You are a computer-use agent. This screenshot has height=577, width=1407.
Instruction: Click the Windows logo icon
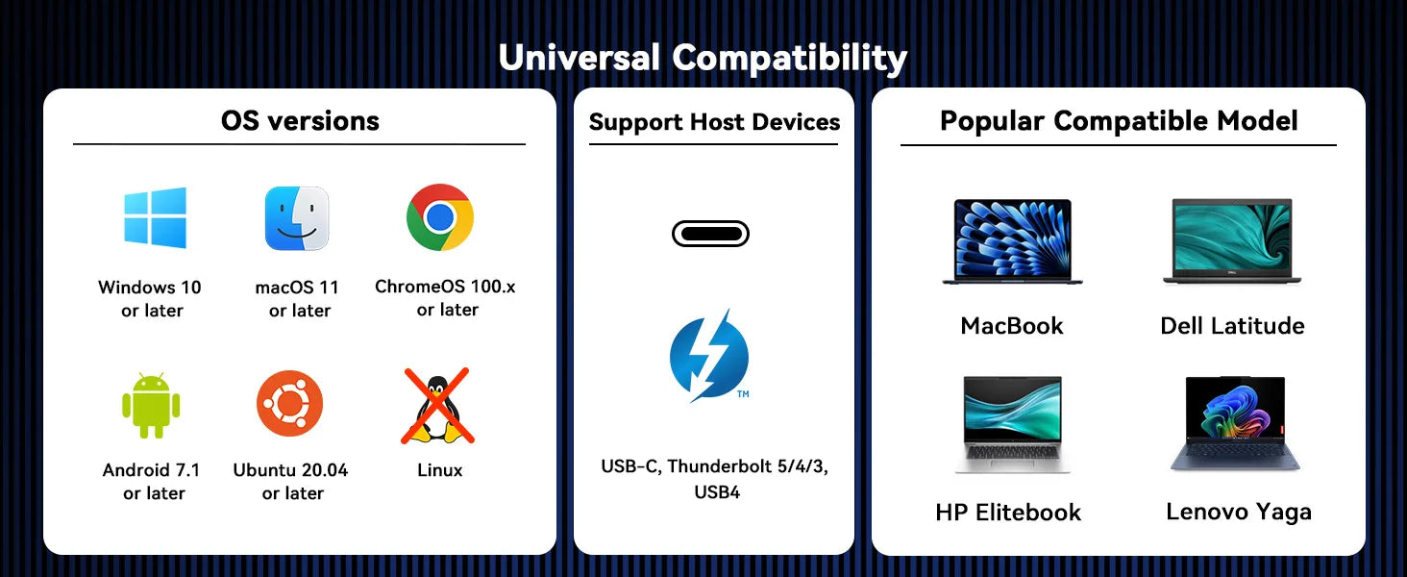(155, 217)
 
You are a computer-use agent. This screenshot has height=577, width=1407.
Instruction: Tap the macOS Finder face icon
(296, 218)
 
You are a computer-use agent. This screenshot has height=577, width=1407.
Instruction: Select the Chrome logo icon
(440, 217)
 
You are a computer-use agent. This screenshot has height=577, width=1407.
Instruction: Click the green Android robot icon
(151, 405)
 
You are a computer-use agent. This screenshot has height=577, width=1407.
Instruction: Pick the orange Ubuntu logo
(289, 404)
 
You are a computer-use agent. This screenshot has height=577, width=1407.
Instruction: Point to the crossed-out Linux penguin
(438, 406)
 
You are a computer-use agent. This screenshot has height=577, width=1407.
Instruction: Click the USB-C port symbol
(710, 234)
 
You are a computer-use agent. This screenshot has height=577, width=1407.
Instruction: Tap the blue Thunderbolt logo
(710, 356)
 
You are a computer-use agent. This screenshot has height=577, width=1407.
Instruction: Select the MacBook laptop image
(1013, 242)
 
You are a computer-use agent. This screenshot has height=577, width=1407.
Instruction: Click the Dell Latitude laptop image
(1232, 241)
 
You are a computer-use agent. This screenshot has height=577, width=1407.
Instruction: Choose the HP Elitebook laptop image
(1013, 425)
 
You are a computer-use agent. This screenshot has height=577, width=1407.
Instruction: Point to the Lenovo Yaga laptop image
(1235, 424)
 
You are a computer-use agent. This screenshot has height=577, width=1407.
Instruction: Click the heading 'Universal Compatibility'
(703, 58)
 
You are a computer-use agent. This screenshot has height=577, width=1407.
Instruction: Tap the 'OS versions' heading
(300, 120)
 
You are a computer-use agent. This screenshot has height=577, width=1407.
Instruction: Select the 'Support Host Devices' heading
(714, 122)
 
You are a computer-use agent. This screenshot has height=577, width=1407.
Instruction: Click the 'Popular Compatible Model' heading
(1119, 121)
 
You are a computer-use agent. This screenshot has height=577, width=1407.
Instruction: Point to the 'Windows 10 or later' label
(150, 298)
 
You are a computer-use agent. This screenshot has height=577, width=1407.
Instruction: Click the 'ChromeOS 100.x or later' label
(445, 298)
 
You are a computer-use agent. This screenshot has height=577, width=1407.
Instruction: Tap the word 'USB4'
(717, 492)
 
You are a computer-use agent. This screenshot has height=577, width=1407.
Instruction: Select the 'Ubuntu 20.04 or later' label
(291, 482)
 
